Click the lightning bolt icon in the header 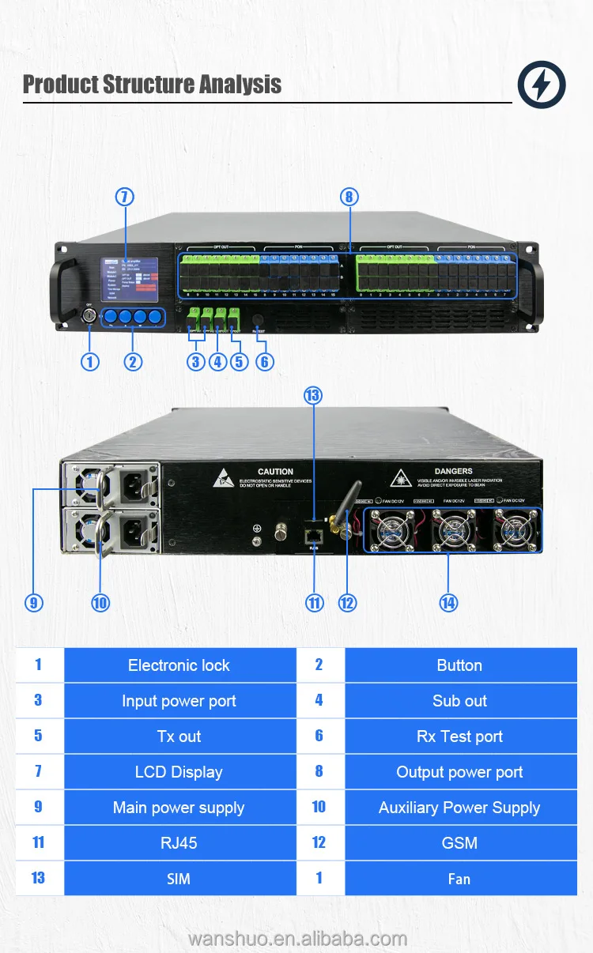(x=542, y=85)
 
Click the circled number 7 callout (x=124, y=197)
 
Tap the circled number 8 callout (x=349, y=197)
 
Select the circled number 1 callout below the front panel (x=90, y=362)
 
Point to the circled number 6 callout (x=264, y=362)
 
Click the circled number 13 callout (x=314, y=395)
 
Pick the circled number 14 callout (x=448, y=603)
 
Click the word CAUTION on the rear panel (x=275, y=472)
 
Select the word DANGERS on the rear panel (x=453, y=472)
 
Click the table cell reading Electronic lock (x=179, y=665)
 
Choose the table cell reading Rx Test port (x=460, y=736)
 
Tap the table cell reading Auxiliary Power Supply (x=460, y=808)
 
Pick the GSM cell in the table (x=460, y=843)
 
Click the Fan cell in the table (x=460, y=879)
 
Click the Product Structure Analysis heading (x=152, y=85)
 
